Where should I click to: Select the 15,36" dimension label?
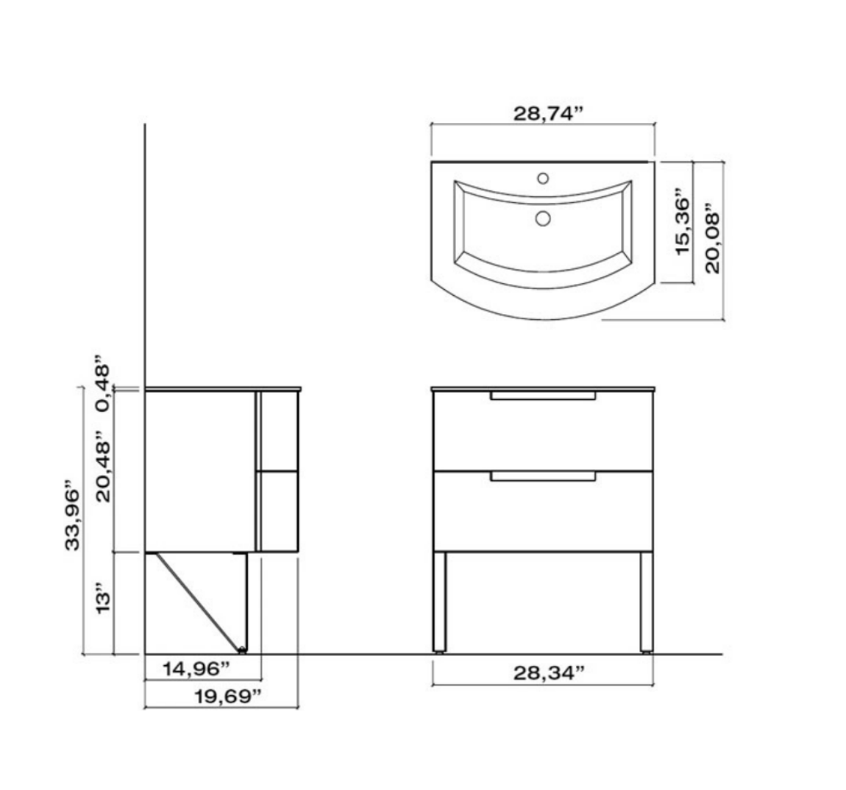683,224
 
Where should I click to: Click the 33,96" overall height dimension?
72,515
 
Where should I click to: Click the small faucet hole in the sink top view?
543,178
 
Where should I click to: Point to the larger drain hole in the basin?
543,218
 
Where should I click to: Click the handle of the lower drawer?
543,477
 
